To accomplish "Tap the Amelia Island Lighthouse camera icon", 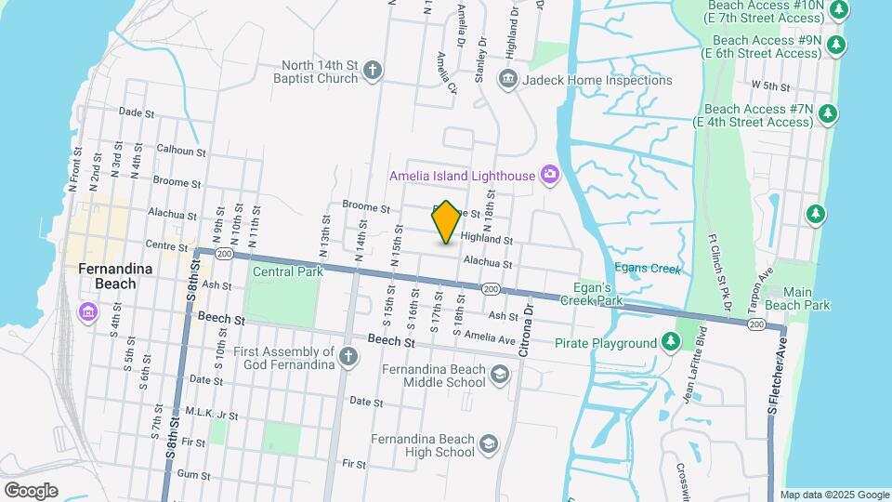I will (x=550, y=174).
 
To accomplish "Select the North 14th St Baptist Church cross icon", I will (x=373, y=71).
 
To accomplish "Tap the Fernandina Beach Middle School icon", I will (x=500, y=375).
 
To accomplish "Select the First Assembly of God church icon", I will (x=348, y=357).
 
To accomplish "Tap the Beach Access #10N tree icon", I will (x=839, y=10).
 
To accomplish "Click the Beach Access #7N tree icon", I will (x=827, y=115).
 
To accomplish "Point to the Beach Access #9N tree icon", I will (x=836, y=45).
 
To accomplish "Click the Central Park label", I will (x=287, y=271).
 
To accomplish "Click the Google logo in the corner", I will (x=31, y=490).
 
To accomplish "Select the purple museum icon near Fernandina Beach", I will (x=88, y=310).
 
